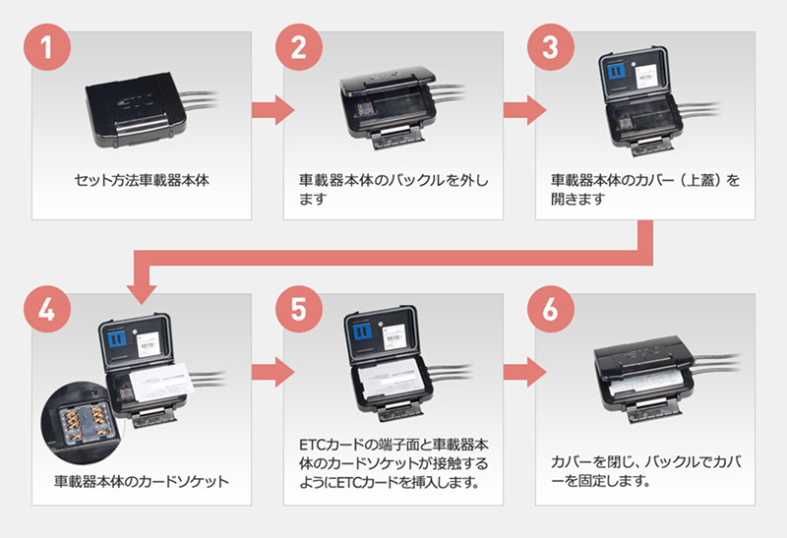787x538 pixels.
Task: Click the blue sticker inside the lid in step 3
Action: coord(613,74)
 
